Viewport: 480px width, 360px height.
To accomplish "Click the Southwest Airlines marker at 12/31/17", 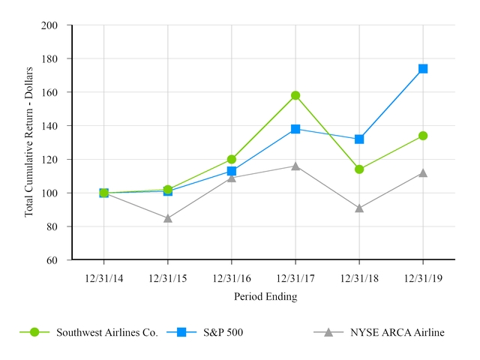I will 295,95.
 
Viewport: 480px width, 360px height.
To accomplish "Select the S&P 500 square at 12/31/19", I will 423,68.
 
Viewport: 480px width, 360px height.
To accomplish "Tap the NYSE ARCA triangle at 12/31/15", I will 168,218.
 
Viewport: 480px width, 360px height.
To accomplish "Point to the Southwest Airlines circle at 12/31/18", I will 359,169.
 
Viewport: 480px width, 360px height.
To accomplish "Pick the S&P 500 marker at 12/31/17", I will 295,129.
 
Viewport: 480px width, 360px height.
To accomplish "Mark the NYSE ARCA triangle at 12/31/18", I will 359,208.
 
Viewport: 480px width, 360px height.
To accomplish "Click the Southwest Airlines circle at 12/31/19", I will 423,136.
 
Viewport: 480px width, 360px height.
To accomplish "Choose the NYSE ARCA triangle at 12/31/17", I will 295,166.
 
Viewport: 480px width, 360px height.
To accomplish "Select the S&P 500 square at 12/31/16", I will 232,171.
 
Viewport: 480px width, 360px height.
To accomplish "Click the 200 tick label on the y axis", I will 49,25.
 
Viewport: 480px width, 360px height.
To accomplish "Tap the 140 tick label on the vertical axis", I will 49,126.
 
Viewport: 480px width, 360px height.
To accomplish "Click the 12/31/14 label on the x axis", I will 103,278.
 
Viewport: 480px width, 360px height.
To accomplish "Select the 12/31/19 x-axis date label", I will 423,278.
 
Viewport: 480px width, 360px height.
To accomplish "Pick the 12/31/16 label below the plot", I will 232,278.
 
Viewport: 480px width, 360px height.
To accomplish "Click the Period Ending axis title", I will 265,296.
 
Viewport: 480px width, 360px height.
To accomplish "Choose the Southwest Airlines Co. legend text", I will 107,332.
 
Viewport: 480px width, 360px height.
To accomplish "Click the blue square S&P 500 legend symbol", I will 181,332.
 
